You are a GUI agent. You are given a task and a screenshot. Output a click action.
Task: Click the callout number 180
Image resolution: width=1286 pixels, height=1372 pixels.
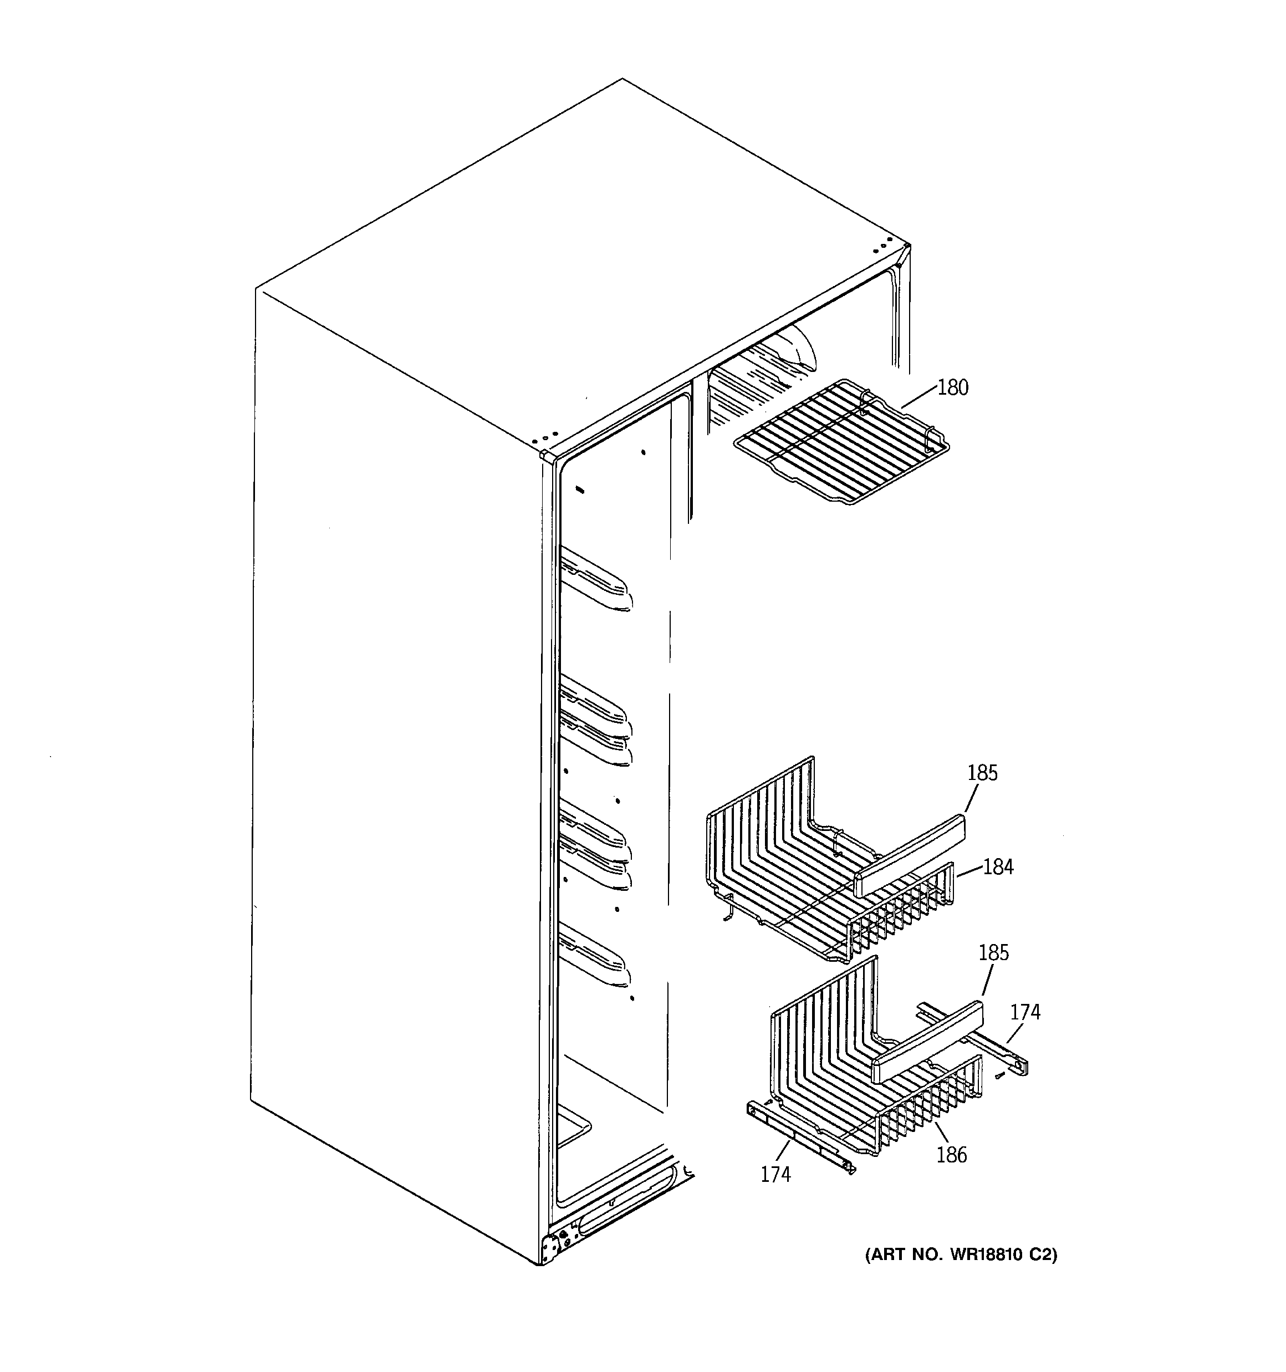953,388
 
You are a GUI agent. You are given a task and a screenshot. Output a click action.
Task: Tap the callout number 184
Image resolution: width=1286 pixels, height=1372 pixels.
998,867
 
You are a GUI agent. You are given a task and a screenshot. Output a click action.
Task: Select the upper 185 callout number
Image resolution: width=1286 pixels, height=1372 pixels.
982,773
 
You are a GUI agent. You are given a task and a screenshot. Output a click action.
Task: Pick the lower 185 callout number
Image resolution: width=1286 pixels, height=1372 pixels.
994,953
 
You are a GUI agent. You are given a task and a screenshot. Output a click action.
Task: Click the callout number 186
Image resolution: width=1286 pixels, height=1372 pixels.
952,1155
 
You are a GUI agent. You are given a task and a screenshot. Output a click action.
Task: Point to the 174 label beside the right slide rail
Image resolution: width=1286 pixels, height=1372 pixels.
1025,1012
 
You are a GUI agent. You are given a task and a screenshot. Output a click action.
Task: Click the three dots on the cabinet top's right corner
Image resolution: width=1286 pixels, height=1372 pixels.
881,246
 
